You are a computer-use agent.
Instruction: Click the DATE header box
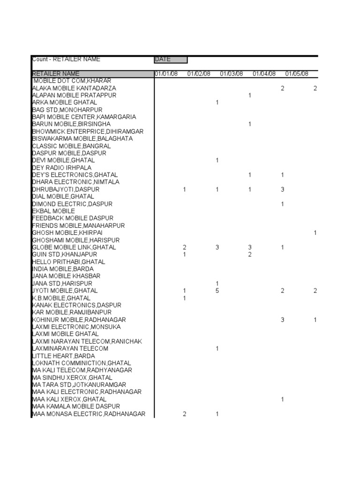pyautogui.click(x=171, y=60)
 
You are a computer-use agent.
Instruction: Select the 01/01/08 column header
pyautogui.click(x=166, y=74)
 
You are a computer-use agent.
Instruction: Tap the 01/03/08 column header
pyautogui.click(x=232, y=74)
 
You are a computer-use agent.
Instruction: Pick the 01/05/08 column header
pyautogui.click(x=297, y=74)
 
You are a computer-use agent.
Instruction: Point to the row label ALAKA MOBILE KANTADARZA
pyautogui.click(x=74, y=88)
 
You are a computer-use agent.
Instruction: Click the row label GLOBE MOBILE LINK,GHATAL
pyautogui.click(x=74, y=247)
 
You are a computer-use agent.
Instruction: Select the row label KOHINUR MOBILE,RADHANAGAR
pyautogui.click(x=79, y=320)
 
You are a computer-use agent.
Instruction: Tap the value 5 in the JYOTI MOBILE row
pyautogui.click(x=217, y=291)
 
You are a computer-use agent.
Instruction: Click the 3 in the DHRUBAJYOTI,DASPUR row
pyautogui.click(x=283, y=189)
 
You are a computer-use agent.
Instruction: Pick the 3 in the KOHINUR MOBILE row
pyautogui.click(x=283, y=320)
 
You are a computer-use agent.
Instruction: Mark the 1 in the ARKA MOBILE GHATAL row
pyautogui.click(x=217, y=102)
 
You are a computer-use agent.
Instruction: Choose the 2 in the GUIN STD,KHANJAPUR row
pyautogui.click(x=250, y=255)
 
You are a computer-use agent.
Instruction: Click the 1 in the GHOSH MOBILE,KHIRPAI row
pyautogui.click(x=315, y=232)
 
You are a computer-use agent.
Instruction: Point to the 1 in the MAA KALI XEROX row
pyautogui.click(x=283, y=399)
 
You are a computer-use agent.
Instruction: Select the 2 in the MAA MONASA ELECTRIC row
pyautogui.click(x=185, y=414)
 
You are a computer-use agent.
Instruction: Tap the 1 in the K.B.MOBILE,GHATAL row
pyautogui.click(x=185, y=298)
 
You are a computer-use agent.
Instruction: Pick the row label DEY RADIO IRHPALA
pyautogui.click(x=62, y=167)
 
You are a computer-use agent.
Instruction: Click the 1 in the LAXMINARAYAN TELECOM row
pyautogui.click(x=217, y=349)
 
